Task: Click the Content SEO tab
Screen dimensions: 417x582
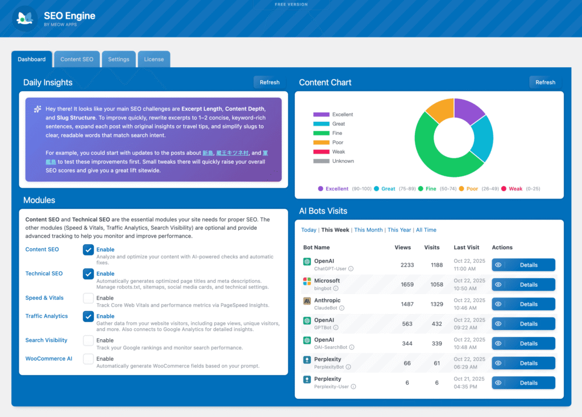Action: [77, 59]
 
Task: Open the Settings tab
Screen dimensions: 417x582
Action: [119, 59]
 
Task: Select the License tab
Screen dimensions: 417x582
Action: [153, 59]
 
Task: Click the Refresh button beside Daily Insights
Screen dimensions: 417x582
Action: [269, 82]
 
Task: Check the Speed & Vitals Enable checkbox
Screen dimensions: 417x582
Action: [88, 298]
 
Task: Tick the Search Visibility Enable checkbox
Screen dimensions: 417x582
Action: [88, 341]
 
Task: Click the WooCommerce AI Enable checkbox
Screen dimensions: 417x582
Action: [88, 359]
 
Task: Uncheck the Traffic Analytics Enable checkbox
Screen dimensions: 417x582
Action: [88, 316]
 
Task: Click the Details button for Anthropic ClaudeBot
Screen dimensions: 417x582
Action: [523, 304]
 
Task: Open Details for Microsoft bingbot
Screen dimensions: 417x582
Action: [523, 284]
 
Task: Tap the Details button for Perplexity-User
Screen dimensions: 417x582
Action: [523, 383]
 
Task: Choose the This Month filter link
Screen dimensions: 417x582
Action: [368, 230]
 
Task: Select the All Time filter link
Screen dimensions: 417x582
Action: [426, 230]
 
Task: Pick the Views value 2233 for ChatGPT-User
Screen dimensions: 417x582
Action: [407, 265]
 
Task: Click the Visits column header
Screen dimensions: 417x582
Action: [432, 247]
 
